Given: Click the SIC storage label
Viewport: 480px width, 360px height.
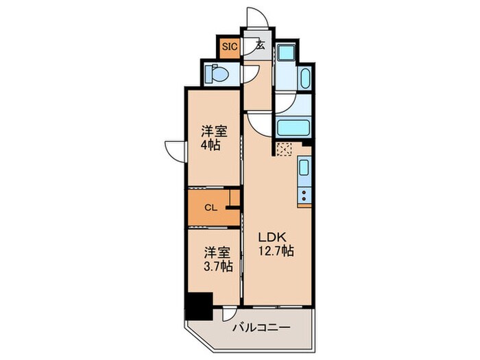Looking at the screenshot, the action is coord(230,47).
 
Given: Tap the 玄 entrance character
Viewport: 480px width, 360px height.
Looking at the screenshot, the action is coord(261,45).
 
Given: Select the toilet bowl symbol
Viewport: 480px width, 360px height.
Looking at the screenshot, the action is coord(217,73).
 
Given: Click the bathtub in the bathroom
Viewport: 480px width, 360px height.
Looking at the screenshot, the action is coord(293,127).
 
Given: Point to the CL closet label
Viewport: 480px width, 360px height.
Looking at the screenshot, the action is coord(211,208).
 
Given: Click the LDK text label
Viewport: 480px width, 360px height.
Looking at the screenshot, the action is coord(272,237).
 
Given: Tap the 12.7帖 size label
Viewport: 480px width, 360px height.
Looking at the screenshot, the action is coord(276,251).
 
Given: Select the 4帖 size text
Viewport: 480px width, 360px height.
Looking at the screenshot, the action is coord(211,145).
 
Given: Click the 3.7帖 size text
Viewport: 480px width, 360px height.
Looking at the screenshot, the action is coord(218,266).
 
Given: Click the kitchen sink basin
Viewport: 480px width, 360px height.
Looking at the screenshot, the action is coord(304,167).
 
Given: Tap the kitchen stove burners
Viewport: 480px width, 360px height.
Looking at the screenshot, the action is coord(304,195).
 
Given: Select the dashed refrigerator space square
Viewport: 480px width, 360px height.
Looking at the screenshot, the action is coord(284,149).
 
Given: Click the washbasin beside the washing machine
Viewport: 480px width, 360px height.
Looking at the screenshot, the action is coord(306,78).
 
